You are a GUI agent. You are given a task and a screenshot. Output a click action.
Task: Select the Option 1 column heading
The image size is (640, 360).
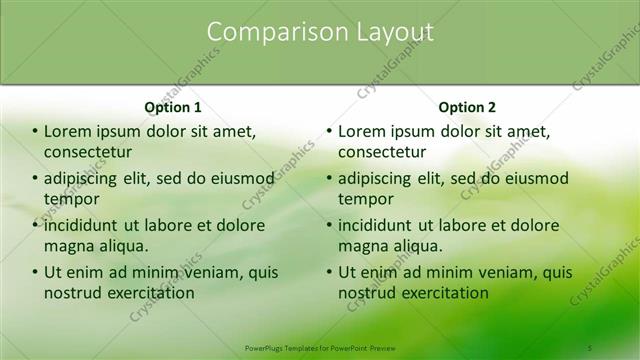click(173, 107)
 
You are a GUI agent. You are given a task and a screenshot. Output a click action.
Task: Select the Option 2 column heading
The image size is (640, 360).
click(467, 107)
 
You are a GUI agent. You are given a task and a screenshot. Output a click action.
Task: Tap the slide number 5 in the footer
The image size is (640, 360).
click(590, 347)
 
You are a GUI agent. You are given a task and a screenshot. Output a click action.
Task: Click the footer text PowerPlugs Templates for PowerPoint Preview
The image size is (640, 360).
click(320, 347)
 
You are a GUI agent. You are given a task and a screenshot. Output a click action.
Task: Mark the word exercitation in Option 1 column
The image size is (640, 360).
click(148, 293)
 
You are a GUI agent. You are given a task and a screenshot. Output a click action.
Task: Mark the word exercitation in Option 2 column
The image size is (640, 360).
click(442, 293)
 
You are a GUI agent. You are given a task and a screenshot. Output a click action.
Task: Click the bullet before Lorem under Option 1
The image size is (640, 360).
click(35, 132)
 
